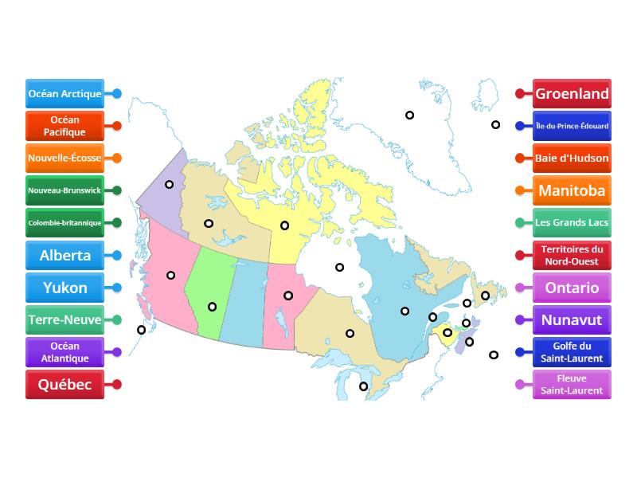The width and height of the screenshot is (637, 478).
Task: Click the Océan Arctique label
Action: [64, 93]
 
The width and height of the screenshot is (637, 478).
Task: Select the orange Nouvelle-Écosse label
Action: [64, 158]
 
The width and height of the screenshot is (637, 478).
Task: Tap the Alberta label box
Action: [64, 256]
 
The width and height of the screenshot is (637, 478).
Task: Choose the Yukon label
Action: [64, 288]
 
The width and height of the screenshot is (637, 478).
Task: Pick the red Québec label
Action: [64, 385]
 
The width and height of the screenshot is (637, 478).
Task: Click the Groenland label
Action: [572, 93]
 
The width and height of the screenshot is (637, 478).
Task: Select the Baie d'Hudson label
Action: [572, 158]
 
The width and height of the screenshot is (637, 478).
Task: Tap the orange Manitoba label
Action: [572, 190]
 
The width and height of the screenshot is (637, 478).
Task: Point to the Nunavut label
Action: [572, 320]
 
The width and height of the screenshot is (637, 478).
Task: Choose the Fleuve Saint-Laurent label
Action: [572, 385]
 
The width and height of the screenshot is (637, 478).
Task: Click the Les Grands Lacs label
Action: [572, 222]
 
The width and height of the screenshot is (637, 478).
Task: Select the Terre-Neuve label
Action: [64, 320]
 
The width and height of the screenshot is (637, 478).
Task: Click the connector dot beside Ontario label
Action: [520, 288]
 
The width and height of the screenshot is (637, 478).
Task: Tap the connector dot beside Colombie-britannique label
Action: [117, 222]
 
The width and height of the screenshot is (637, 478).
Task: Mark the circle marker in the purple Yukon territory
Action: [170, 184]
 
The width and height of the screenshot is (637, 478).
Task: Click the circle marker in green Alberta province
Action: [212, 307]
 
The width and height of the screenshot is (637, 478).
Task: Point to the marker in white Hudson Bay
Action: [339, 268]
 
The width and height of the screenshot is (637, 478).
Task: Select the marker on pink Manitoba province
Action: [288, 296]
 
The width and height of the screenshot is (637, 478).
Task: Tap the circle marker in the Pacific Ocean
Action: [141, 330]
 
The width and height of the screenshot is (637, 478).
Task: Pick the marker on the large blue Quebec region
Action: [404, 311]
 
